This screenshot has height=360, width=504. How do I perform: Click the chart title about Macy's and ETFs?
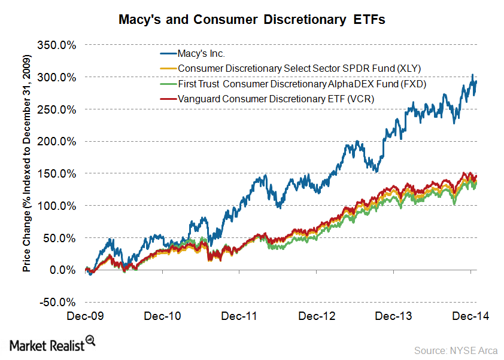251,20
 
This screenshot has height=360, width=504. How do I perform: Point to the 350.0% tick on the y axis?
57,45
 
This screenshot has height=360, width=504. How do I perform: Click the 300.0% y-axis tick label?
57,77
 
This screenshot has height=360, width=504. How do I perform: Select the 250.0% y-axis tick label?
57,109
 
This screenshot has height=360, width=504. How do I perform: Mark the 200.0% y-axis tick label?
57,142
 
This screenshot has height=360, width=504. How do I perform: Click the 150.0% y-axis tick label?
57,173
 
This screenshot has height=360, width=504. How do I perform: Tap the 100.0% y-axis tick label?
57,206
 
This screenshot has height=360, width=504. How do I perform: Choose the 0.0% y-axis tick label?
62,270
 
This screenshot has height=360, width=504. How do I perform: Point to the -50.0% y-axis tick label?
57,302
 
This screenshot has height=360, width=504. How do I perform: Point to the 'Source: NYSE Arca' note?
455,349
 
